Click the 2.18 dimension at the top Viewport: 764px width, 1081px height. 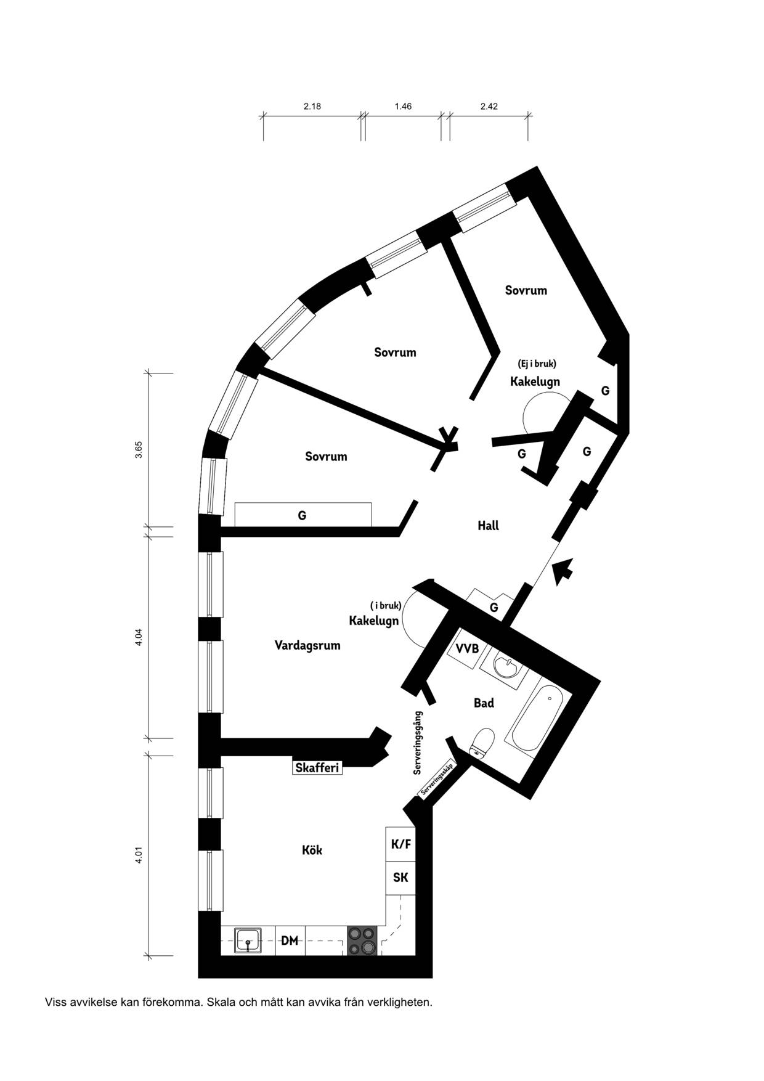coord(312,106)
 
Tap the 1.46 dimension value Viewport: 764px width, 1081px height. coord(403,106)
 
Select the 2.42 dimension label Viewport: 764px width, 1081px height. coord(489,106)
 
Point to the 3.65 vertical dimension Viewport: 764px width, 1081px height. coord(139,449)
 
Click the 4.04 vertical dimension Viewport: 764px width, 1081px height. coord(139,637)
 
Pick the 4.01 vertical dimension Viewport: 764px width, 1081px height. coord(139,856)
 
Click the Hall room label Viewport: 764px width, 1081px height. coord(488,526)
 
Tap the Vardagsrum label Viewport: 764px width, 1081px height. coord(307,646)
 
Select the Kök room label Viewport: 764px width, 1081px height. coord(312,850)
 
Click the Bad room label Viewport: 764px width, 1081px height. coord(484,703)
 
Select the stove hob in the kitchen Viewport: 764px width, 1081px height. coord(362,941)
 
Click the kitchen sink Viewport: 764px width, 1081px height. coord(248,941)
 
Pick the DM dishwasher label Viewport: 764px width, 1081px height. coord(290,941)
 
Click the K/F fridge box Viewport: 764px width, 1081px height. coord(400,844)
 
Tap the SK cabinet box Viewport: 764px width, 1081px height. coord(400,878)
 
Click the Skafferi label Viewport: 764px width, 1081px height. coord(317,768)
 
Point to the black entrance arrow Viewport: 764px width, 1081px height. coord(563,571)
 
